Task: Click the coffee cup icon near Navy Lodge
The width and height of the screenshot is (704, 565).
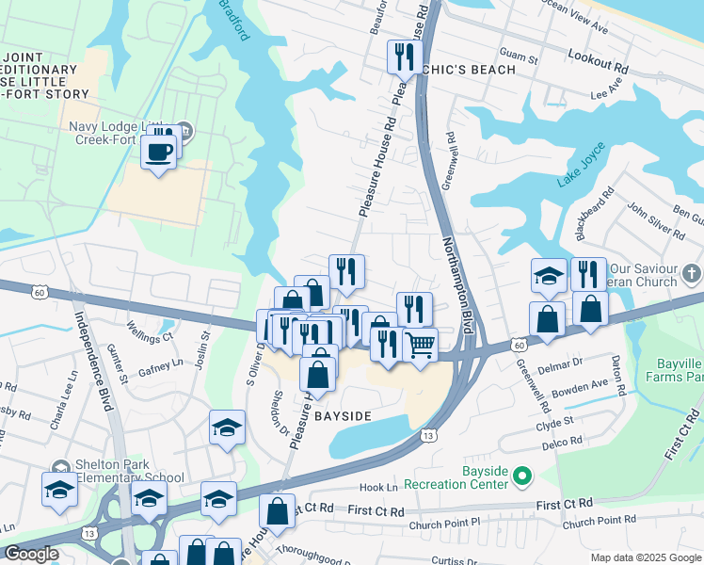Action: click(x=159, y=151)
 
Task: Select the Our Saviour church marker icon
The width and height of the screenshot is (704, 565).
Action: click(x=692, y=272)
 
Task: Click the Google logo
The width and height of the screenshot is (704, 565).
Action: click(x=32, y=554)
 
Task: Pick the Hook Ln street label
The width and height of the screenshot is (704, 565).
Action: click(x=379, y=488)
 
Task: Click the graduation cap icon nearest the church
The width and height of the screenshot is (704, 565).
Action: click(x=549, y=276)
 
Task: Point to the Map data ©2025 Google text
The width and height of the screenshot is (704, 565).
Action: click(x=646, y=557)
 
